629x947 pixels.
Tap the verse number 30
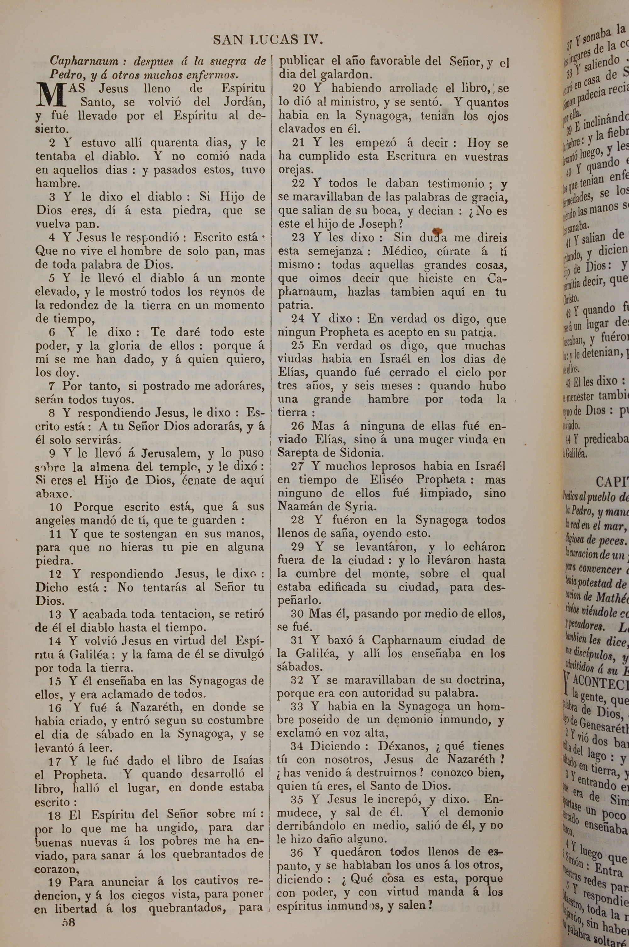point(298,614)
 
